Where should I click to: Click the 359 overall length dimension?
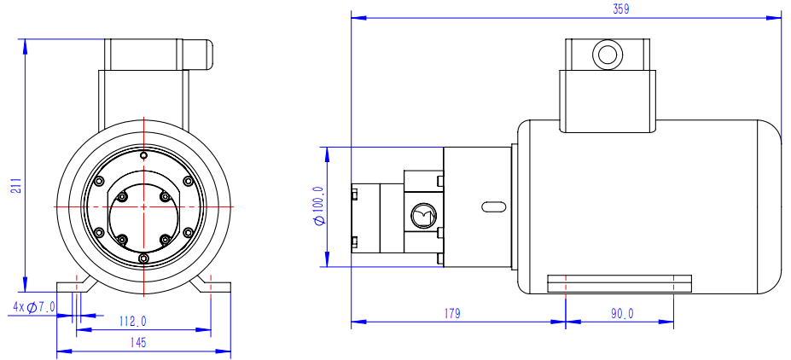[620, 9]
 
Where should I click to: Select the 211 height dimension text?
[16, 185]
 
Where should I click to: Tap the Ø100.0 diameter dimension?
[319, 206]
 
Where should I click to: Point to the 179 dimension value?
[452, 314]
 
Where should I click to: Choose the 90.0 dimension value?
[622, 314]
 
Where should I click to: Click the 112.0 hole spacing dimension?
[133, 322]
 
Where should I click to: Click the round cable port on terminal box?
[608, 55]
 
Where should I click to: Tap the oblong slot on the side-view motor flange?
[494, 206]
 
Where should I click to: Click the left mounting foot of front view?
[72, 285]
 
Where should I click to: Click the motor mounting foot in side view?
[619, 282]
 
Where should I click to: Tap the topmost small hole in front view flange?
[143, 155]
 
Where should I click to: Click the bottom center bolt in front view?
[143, 258]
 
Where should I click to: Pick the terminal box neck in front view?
[143, 94]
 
